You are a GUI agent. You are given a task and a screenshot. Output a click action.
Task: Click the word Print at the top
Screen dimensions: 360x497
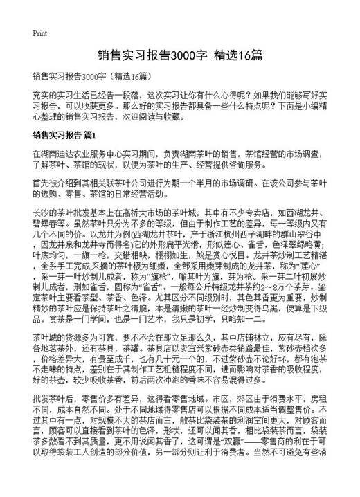click(x=39, y=33)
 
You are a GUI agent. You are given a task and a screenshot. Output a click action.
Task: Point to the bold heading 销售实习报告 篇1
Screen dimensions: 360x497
click(x=66, y=134)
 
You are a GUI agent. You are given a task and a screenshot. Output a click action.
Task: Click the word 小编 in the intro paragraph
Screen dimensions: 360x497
click(x=316, y=104)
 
